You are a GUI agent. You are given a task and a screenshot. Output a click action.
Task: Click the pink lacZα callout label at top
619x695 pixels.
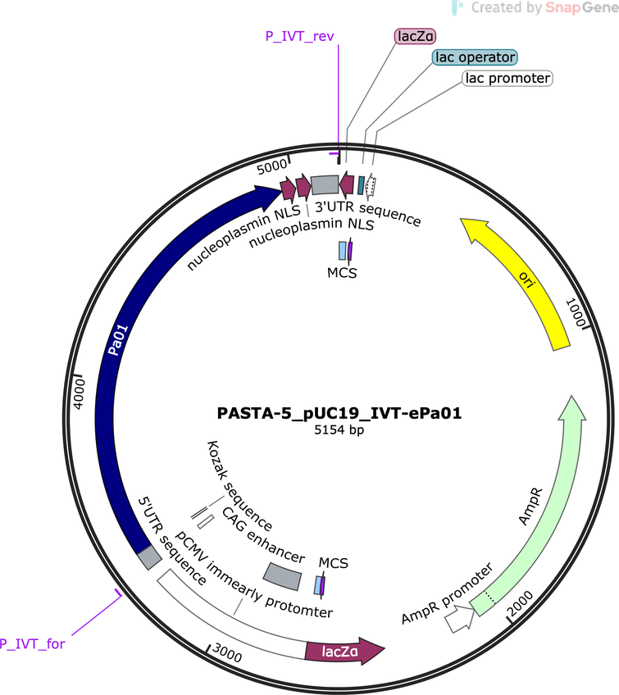coord(415,36)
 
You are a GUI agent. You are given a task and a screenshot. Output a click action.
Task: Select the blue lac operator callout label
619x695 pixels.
coord(475,57)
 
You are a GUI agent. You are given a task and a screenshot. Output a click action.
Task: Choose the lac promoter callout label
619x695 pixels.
coord(507,79)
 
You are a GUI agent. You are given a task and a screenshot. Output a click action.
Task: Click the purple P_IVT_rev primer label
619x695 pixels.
coord(300,36)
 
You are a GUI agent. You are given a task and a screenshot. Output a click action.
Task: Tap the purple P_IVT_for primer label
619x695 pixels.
coord(32,643)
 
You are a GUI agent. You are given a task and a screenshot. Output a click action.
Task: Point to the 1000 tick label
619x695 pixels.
coord(576,312)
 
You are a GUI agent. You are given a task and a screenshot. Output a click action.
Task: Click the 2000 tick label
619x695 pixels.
coord(520,603)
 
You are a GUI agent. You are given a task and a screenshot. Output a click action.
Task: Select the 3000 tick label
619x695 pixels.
coord(227,652)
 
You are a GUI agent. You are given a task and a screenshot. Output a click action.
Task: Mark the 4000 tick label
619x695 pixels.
coord(79,394)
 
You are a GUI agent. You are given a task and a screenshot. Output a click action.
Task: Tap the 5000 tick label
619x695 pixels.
coord(272,167)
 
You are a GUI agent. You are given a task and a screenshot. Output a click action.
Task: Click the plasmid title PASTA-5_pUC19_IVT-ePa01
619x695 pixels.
coord(339,413)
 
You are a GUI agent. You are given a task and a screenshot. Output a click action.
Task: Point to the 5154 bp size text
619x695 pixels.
coord(339,430)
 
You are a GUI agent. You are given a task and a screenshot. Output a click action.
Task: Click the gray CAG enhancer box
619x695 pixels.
coord(283,576)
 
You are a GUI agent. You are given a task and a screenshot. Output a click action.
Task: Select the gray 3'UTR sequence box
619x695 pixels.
coord(325,185)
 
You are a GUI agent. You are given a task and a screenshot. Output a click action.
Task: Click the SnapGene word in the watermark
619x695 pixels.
coord(582,7)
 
